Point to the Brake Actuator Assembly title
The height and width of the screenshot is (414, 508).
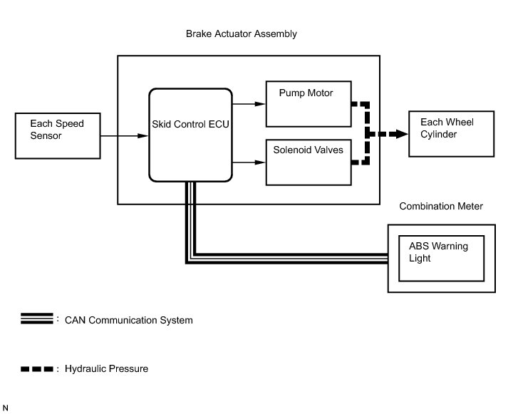click(x=242, y=33)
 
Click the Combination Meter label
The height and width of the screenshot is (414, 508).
click(x=441, y=206)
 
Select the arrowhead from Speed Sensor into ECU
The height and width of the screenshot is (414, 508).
click(x=143, y=135)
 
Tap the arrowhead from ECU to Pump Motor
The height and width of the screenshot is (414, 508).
click(x=260, y=104)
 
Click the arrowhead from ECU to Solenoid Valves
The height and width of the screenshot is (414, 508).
click(x=260, y=162)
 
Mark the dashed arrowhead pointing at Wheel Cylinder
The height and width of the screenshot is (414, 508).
click(x=402, y=134)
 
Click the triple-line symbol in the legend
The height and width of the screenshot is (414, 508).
click(x=36, y=319)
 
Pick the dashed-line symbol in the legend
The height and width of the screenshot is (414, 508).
click(x=36, y=369)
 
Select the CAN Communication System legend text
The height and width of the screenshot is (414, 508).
click(x=129, y=320)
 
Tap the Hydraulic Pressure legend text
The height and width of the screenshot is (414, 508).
click(x=106, y=368)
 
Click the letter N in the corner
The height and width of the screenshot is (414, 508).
click(x=5, y=408)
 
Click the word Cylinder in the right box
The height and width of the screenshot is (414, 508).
click(x=438, y=135)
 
